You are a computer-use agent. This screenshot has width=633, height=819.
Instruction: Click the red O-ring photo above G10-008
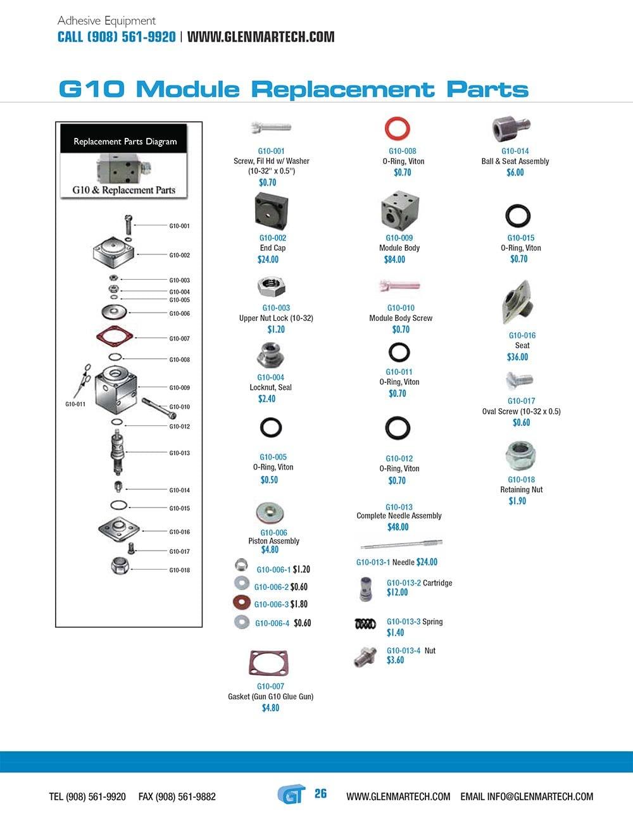click(398, 129)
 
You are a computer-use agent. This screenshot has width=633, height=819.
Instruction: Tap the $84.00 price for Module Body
click(394, 259)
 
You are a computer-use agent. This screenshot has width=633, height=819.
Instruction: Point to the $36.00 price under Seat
click(517, 357)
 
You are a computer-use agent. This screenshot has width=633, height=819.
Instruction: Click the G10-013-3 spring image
click(365, 624)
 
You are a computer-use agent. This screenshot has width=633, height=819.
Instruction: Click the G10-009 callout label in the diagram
click(179, 388)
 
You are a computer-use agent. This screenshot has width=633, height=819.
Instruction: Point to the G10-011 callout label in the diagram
click(75, 404)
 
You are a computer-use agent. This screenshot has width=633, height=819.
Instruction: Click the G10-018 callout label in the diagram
click(179, 570)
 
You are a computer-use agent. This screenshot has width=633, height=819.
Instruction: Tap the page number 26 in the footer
click(321, 794)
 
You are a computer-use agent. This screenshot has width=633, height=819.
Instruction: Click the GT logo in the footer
click(291, 794)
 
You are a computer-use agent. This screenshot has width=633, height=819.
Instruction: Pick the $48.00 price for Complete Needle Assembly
click(398, 527)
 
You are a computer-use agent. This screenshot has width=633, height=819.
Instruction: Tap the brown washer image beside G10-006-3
click(241, 602)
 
